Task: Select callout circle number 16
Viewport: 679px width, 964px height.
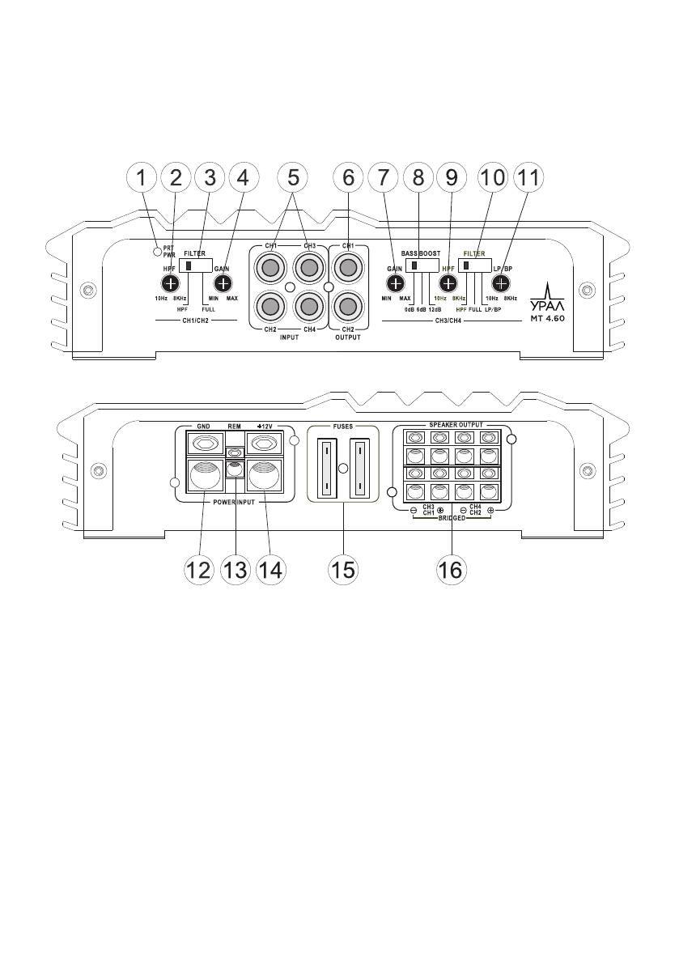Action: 450,568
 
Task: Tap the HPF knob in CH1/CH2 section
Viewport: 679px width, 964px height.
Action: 170,283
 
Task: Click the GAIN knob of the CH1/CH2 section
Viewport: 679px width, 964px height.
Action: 223,283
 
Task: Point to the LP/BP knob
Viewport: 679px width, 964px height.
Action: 502,283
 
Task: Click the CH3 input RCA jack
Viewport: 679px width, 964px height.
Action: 308,266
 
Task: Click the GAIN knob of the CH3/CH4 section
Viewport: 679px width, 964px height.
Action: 395,283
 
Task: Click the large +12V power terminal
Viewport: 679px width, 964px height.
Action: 265,478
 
